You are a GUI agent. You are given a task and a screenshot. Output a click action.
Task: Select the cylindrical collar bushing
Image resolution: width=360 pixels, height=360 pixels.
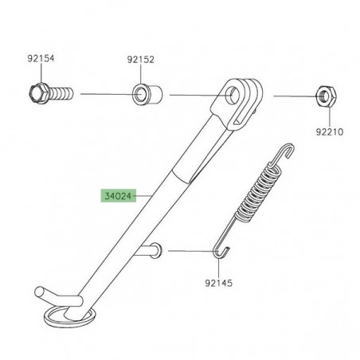(x=145, y=94)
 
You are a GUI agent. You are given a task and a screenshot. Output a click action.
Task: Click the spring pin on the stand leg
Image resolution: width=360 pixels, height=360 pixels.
(x=153, y=251)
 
